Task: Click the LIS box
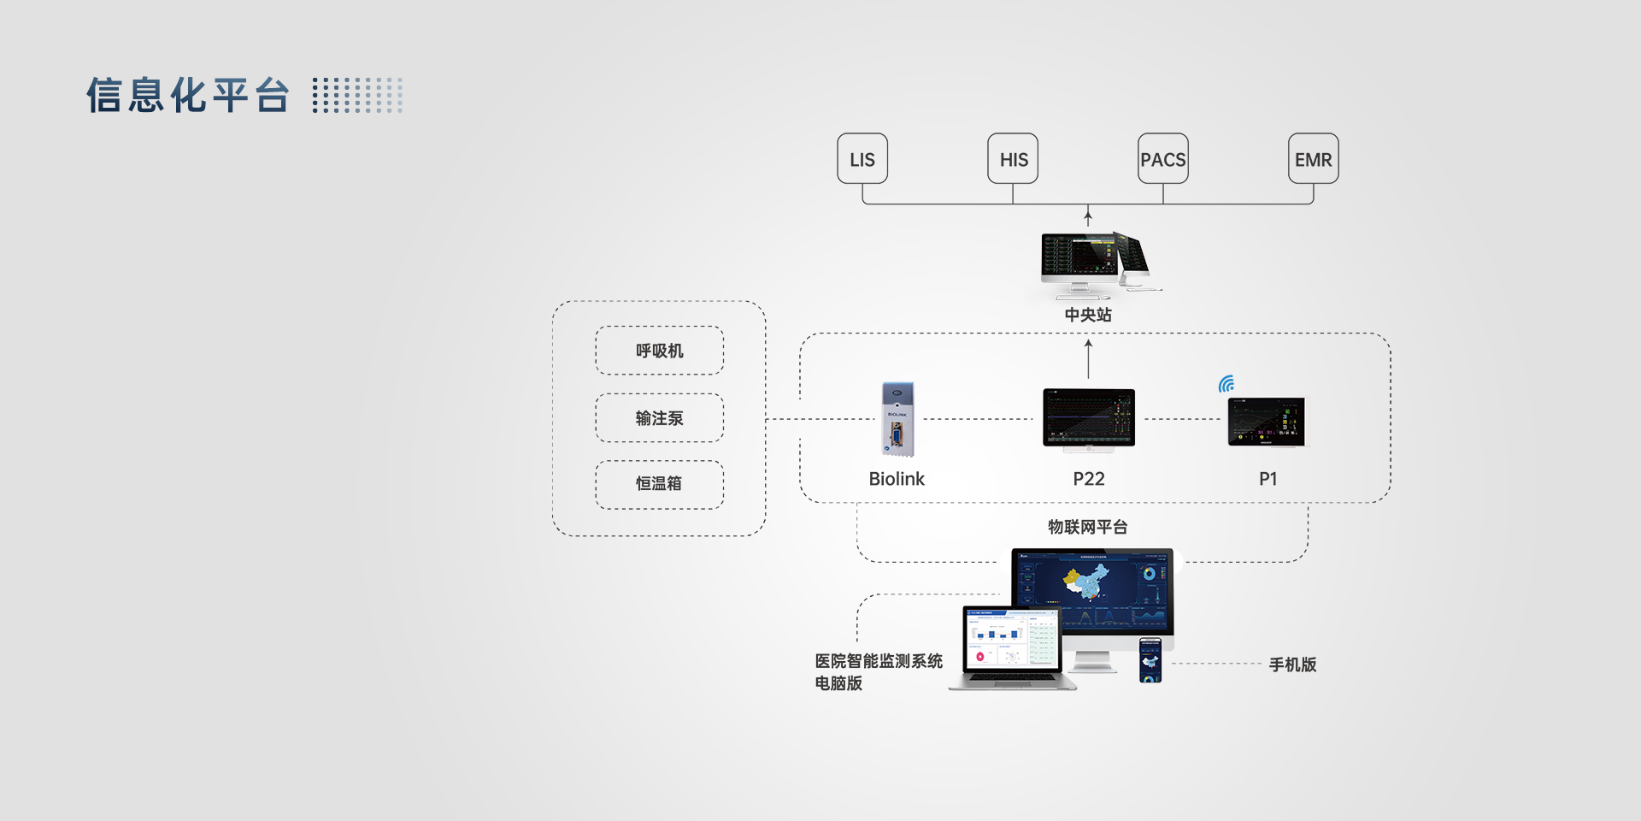point(862,159)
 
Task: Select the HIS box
point(1013,159)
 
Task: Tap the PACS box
point(1163,159)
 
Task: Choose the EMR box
point(1314,159)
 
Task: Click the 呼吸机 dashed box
point(659,351)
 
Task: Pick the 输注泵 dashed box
point(659,418)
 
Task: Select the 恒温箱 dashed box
point(659,484)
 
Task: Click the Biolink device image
point(897,419)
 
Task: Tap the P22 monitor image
point(1089,418)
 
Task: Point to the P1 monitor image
point(1267,422)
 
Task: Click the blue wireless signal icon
point(1226,384)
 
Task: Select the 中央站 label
point(1088,315)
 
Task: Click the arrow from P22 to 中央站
point(1088,358)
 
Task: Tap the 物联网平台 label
point(1088,527)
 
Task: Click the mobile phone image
point(1150,660)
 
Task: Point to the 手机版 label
point(1292,664)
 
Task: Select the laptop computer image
point(1012,647)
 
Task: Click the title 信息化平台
point(188,95)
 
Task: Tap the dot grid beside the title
point(357,95)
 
